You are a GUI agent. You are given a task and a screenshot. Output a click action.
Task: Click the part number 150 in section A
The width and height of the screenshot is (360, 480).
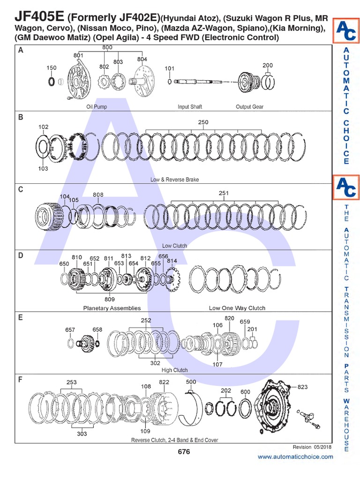52,68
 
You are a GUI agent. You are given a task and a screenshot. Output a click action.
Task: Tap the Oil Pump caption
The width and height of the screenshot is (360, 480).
97,107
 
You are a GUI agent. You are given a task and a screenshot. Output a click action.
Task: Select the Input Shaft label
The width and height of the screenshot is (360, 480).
190,107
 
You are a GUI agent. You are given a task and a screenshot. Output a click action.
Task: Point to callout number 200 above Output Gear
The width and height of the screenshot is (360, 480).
268,65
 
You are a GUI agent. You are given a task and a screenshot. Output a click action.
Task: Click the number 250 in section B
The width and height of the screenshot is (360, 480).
203,122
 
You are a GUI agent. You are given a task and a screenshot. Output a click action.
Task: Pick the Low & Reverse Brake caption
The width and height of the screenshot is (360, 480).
174,180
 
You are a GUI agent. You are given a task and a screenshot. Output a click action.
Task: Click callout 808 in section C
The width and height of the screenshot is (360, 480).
98,195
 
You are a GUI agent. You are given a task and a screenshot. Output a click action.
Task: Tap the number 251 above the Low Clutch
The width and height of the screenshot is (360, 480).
224,193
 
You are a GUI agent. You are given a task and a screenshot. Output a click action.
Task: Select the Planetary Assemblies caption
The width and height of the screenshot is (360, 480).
112,308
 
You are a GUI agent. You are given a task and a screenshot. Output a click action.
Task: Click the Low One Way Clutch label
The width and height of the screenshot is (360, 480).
237,308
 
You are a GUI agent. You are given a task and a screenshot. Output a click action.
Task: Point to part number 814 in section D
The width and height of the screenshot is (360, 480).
172,261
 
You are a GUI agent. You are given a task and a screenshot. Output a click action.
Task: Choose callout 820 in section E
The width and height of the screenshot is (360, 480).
229,318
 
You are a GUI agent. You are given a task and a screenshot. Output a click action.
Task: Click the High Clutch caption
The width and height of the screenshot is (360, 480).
174,370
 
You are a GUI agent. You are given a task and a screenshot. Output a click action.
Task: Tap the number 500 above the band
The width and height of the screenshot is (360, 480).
191,382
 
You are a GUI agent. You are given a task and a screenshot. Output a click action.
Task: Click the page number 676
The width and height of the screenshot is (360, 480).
184,452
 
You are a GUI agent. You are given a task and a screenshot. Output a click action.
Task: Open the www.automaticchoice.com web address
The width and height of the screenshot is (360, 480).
295,457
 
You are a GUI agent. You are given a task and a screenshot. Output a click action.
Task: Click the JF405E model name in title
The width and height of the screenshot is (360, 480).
39,17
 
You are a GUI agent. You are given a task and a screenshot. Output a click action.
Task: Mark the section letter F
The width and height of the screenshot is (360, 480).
20,380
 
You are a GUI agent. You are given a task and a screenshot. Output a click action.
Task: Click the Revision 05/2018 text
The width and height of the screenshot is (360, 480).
312,447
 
